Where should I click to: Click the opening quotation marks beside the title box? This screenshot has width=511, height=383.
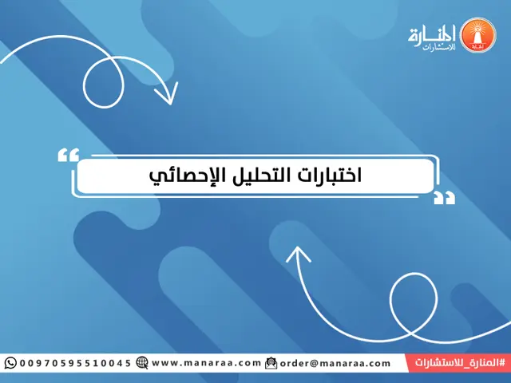click(69, 155)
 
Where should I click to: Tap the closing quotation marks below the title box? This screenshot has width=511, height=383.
click(443, 197)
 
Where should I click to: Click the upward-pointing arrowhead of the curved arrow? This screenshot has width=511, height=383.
click(299, 255)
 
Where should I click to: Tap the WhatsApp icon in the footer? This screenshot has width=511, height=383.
click(10, 363)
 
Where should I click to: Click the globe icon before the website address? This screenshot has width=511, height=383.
click(142, 363)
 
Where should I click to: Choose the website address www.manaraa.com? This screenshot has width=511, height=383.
click(206, 363)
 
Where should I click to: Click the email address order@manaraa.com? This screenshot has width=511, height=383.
click(335, 363)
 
